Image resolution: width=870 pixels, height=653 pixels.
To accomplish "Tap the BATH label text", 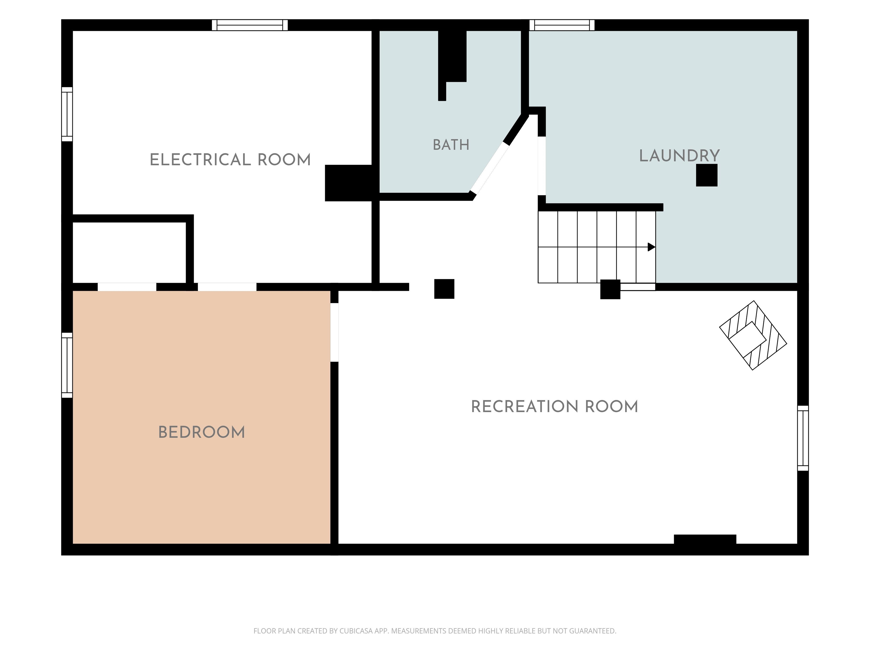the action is (451, 145).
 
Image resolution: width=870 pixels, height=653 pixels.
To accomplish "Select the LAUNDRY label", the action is (679, 156).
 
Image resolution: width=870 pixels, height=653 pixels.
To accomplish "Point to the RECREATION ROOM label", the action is (554, 407).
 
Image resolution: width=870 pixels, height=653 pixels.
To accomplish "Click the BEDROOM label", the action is (201, 432).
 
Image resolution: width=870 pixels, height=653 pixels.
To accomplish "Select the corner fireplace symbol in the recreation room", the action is (753, 335).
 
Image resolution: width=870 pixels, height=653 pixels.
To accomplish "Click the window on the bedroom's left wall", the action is (67, 365).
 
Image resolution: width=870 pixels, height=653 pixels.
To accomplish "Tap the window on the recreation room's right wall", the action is (803, 438).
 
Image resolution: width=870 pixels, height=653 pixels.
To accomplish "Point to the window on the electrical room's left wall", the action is (67, 114).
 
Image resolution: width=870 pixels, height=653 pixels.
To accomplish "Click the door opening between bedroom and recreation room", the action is (334, 332).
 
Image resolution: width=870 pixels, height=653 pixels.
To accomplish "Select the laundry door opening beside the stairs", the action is (541, 166).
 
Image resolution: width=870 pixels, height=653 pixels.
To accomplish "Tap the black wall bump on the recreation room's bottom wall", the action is (705, 539).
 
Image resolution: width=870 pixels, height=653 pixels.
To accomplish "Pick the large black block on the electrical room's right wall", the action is (348, 183).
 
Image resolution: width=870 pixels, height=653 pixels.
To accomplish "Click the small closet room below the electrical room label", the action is (129, 252).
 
